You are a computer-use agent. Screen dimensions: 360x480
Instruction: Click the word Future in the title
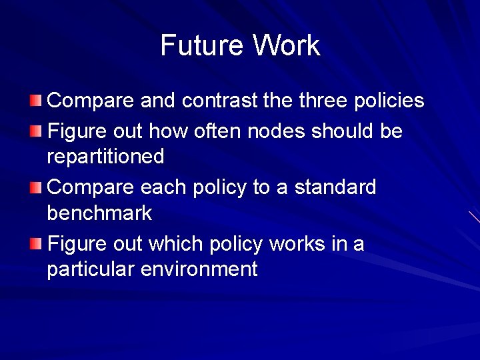pos(202,45)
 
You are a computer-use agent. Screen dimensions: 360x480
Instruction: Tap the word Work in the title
pos(286,45)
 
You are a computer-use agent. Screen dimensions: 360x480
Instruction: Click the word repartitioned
pos(105,157)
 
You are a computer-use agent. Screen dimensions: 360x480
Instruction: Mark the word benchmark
pos(99,213)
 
